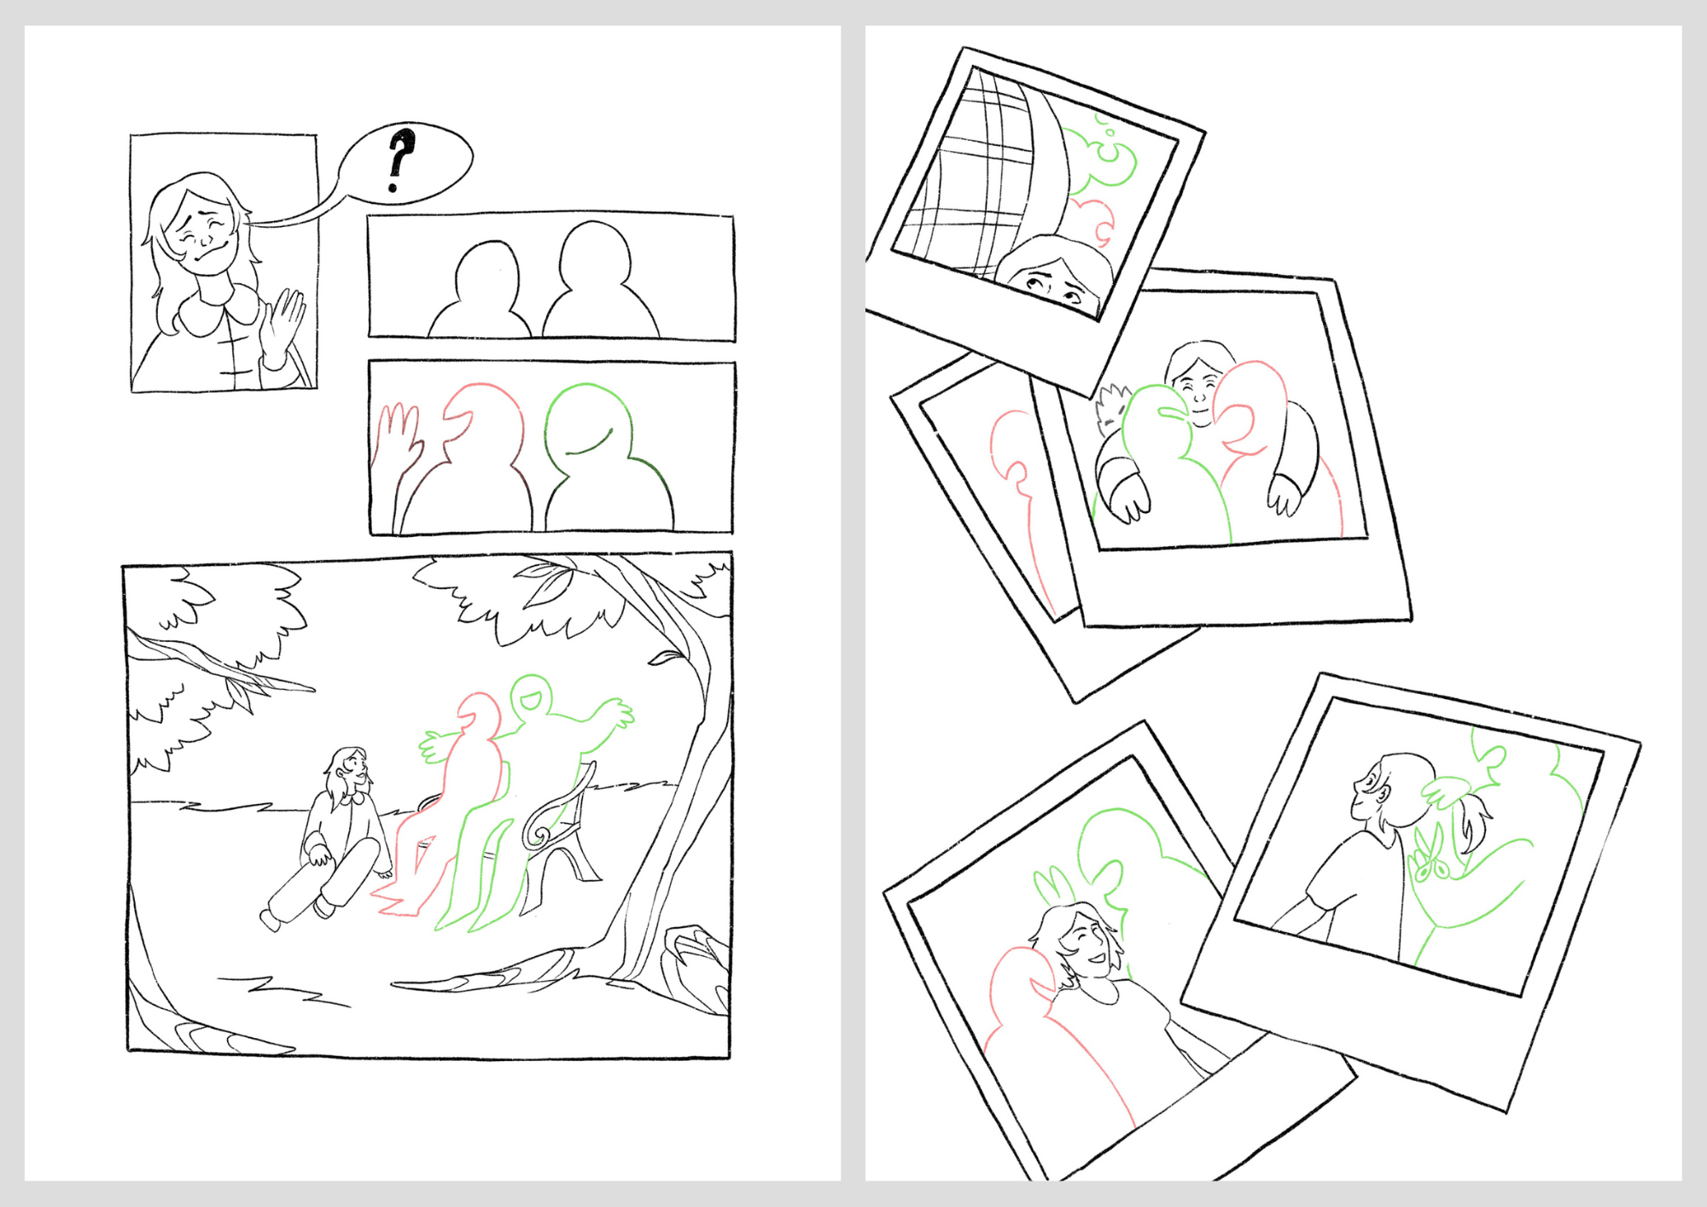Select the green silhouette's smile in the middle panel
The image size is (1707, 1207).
tap(588, 445)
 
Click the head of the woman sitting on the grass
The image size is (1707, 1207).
tap(348, 771)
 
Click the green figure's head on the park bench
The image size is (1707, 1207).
tap(531, 698)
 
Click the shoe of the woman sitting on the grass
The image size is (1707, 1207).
tap(271, 918)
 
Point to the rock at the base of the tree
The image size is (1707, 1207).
tap(696, 965)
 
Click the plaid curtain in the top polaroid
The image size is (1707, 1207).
tap(982, 171)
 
